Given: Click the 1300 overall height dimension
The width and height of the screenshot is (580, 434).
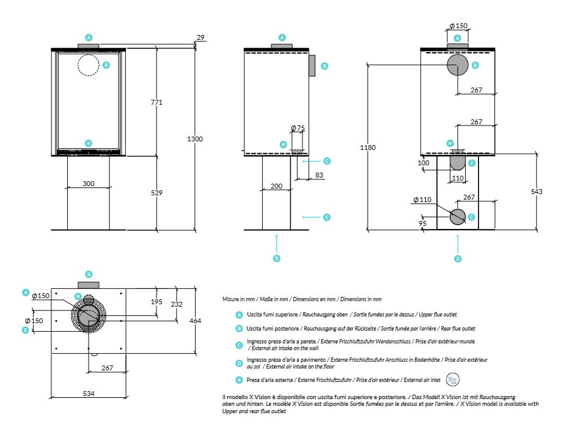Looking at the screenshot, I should (x=194, y=139).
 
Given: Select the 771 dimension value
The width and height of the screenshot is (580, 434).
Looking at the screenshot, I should (x=156, y=102).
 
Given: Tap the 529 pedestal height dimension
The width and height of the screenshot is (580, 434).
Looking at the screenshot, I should (x=156, y=193).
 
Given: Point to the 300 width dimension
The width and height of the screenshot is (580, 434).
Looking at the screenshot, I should (x=89, y=183).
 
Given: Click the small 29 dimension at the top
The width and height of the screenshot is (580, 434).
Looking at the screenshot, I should (x=200, y=38).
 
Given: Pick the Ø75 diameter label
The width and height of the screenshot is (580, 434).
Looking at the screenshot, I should (x=298, y=128).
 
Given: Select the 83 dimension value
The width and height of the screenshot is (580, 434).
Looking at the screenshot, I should (x=319, y=176).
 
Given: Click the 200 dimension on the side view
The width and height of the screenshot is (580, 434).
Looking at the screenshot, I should (x=277, y=185).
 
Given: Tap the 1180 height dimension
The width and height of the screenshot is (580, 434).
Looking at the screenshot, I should (x=368, y=148).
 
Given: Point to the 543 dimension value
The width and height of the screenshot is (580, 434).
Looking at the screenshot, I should (x=536, y=192).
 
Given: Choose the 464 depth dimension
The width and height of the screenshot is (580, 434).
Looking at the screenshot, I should (x=194, y=321).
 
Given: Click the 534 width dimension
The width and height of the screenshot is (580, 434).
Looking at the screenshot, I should (x=89, y=394).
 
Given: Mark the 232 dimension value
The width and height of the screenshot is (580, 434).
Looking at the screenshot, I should (x=176, y=304).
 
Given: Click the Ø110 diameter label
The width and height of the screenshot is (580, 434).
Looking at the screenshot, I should (x=422, y=200).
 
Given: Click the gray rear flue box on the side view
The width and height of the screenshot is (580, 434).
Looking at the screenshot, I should (x=311, y=65).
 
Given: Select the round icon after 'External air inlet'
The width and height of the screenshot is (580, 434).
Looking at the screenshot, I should (x=453, y=380).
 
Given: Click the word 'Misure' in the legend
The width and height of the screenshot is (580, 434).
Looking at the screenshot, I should (x=230, y=299).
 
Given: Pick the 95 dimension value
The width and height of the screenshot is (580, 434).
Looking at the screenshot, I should (x=422, y=223).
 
